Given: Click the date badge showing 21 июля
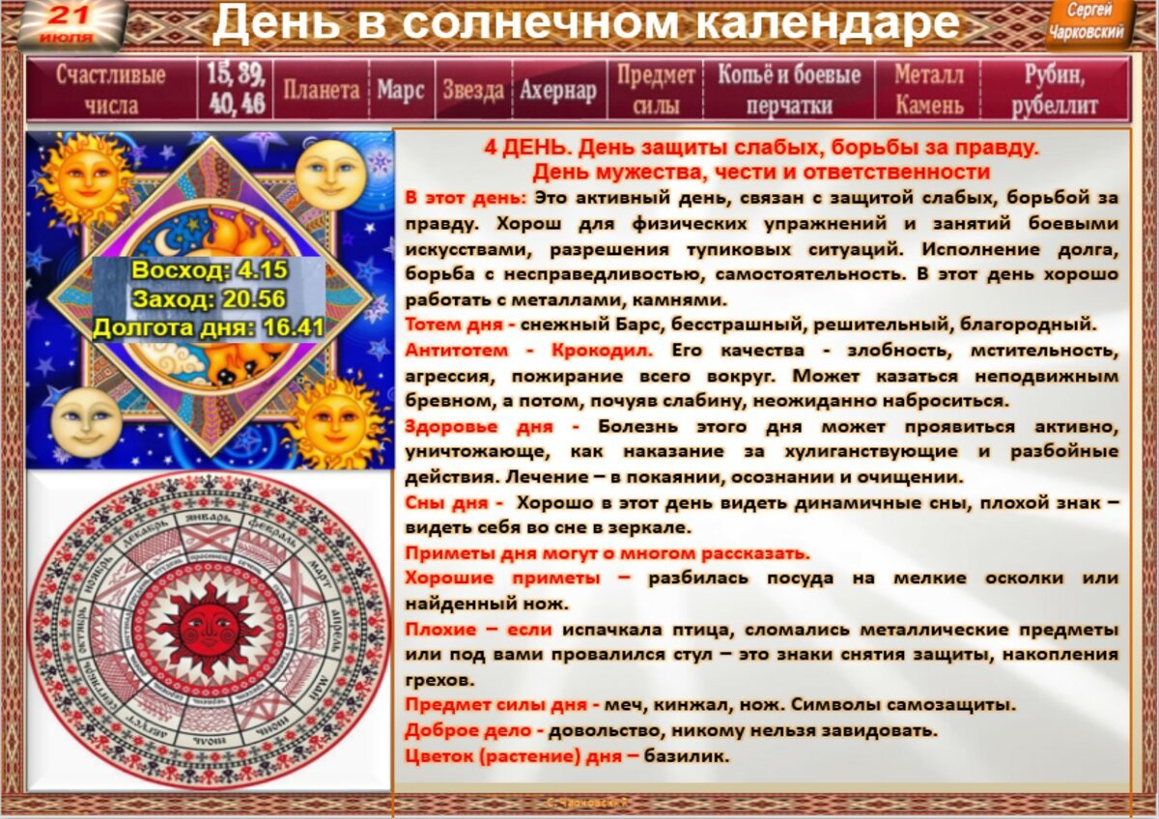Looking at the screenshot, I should pyautogui.click(x=69, y=24).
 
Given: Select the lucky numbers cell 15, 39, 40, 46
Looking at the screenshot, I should pyautogui.click(x=237, y=89).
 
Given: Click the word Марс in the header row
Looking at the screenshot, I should pyautogui.click(x=401, y=91).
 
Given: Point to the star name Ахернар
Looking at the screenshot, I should pyautogui.click(x=557, y=91).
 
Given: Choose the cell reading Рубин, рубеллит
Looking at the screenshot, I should pyautogui.click(x=1055, y=90).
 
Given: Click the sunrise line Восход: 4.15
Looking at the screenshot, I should pyautogui.click(x=209, y=270).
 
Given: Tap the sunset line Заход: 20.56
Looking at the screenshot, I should pyautogui.click(x=209, y=298).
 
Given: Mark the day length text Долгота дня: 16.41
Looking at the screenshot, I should pyautogui.click(x=209, y=327).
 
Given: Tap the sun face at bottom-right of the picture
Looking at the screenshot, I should pyautogui.click(x=335, y=421).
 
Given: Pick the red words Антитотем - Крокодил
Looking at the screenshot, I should pyautogui.click(x=528, y=349).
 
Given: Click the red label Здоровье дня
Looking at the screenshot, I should pyautogui.click(x=491, y=426).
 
